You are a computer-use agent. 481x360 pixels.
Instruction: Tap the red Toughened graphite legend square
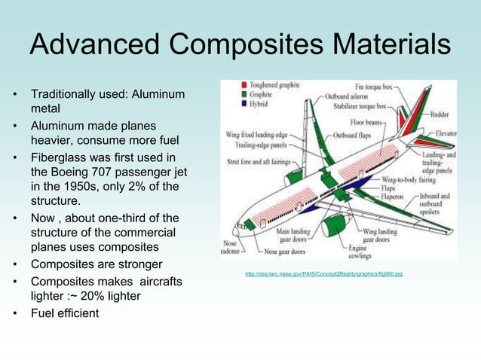tap(244, 85)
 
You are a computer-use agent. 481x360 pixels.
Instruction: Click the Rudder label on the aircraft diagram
tap(442, 115)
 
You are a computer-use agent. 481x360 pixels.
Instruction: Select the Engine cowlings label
tap(359, 251)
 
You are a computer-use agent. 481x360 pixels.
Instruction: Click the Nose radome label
tap(231, 247)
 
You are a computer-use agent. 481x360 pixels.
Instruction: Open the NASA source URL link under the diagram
tap(323, 274)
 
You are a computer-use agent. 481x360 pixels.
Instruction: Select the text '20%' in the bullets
tap(106, 296)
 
